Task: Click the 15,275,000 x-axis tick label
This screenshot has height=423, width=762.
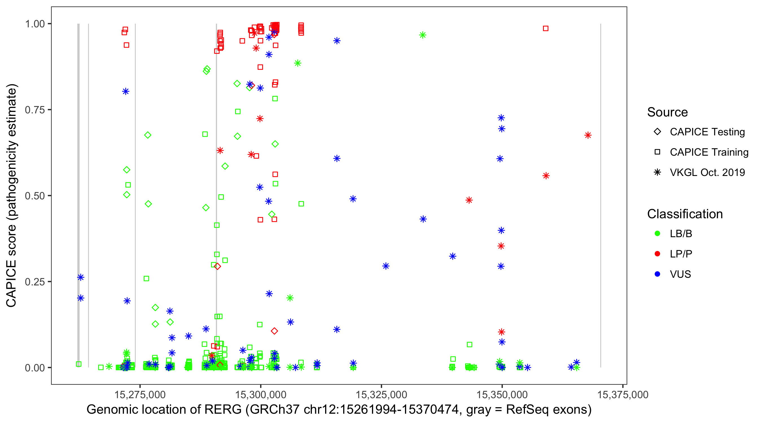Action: pyautogui.click(x=140, y=394)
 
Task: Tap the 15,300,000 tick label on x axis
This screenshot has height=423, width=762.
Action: pyautogui.click(x=260, y=394)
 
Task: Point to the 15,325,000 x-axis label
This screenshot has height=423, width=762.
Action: pyautogui.click(x=381, y=394)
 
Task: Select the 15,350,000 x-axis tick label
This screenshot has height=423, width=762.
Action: pyautogui.click(x=502, y=394)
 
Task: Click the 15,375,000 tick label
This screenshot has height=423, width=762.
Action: pyautogui.click(x=623, y=394)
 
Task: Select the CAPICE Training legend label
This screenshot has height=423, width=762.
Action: pyautogui.click(x=709, y=152)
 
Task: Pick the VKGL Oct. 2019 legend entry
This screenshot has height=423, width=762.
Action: pyautogui.click(x=707, y=172)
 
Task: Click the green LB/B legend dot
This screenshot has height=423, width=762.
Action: pyautogui.click(x=657, y=233)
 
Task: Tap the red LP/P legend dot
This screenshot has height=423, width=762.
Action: pyautogui.click(x=657, y=254)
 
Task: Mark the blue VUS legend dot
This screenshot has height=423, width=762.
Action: pyautogui.click(x=657, y=274)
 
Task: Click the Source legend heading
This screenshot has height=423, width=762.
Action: pyautogui.click(x=667, y=112)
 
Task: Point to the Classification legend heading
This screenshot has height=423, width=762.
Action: pyautogui.click(x=685, y=214)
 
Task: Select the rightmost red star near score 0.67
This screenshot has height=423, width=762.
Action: pyautogui.click(x=588, y=135)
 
